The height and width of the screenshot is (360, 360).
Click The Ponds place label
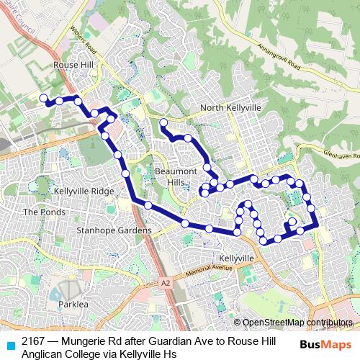[40, 212]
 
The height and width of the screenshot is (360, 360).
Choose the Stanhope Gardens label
[114, 230]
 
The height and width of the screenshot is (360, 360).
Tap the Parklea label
[71, 305]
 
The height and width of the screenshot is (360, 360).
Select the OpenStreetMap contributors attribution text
[297, 323]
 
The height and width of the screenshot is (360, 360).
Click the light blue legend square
[10, 344]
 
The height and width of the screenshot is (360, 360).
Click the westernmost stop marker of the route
[43, 98]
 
